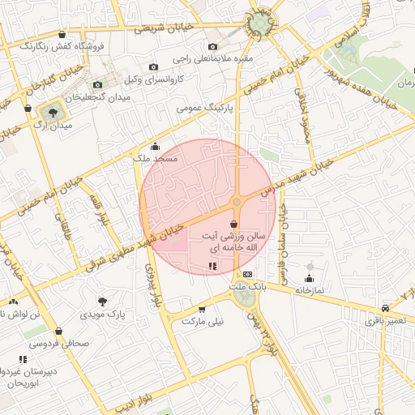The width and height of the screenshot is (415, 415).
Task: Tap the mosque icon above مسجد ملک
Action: click(156, 148)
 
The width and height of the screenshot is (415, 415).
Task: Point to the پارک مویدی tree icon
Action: click(101, 301)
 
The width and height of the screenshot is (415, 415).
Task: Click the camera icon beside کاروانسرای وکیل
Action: click(153, 66)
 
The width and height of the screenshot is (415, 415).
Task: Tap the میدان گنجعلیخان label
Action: click(97, 97)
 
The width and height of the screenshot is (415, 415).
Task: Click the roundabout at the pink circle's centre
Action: click(237, 202)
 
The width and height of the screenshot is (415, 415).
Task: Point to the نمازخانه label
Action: click(309, 289)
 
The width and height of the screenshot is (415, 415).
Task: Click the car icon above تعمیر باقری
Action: click(383, 308)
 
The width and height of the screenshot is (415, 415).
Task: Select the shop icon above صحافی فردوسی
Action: click(58, 331)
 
